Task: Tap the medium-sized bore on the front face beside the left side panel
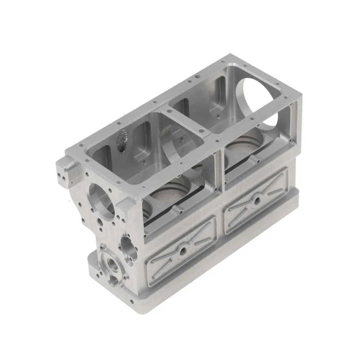point(127,247)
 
